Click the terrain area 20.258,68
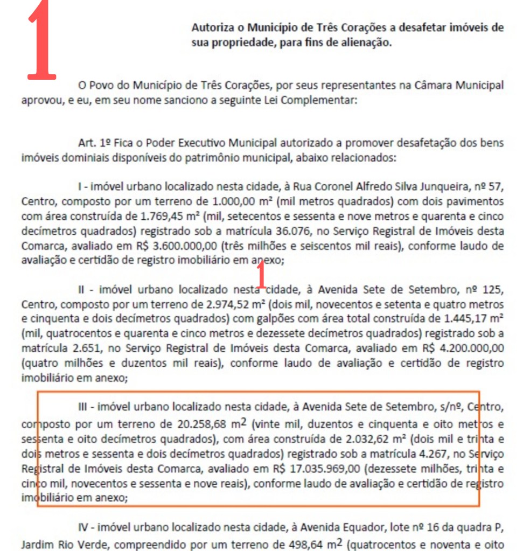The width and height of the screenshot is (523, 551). point(206,422)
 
